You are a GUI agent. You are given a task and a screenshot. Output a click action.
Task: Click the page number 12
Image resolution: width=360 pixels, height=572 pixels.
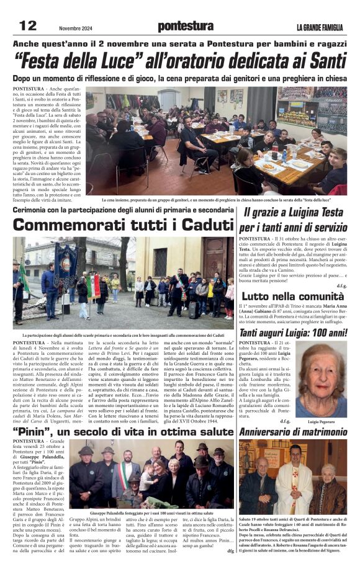(x=29, y=25)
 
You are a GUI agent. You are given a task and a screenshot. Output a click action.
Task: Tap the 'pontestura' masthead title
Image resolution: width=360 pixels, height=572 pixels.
(x=185, y=26)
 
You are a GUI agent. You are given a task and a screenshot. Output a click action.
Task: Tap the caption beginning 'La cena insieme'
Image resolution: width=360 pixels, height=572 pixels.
(x=224, y=200)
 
